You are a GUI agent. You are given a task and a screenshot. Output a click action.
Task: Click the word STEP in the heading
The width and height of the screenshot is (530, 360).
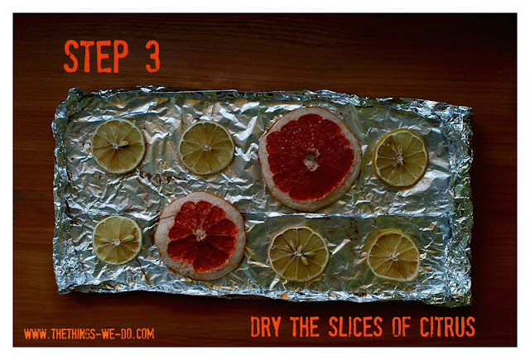[96, 56]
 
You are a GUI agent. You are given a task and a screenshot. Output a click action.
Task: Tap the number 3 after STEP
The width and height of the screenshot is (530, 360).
[152, 56]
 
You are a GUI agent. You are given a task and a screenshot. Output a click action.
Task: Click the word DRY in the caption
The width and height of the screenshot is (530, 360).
[266, 327]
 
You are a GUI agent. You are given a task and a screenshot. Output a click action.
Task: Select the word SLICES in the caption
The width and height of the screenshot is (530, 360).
[355, 327]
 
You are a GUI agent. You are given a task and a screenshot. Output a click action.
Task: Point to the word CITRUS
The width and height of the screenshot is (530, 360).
[447, 327]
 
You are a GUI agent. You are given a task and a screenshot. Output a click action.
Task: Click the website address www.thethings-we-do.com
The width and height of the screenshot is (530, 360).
[89, 334]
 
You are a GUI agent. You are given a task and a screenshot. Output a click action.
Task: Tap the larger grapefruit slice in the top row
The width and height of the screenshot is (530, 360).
[310, 159]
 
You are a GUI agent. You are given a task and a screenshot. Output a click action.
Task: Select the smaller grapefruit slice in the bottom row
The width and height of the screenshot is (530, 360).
[200, 236]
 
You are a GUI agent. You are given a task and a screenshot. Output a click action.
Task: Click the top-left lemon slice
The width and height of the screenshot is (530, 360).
[118, 146]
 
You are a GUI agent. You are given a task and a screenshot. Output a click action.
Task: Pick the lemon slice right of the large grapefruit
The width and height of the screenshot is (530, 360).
[401, 158]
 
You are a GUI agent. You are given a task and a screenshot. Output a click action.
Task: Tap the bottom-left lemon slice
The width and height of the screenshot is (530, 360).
[118, 240]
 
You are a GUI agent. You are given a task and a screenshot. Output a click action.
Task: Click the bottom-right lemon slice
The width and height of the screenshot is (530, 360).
[393, 255]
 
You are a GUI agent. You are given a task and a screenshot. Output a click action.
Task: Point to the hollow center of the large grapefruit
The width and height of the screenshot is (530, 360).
[311, 159]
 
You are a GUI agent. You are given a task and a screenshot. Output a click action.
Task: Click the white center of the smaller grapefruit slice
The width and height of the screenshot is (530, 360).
[200, 234]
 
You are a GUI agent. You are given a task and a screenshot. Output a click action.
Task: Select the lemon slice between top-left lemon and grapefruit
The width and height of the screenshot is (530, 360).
[206, 147]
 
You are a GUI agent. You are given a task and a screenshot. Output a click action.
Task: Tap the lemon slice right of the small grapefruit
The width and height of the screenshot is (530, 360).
[299, 253]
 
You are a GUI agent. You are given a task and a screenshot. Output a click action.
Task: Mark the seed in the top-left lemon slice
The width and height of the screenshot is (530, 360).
[123, 144]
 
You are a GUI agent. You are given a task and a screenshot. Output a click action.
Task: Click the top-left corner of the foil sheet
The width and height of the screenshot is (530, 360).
[72, 89]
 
